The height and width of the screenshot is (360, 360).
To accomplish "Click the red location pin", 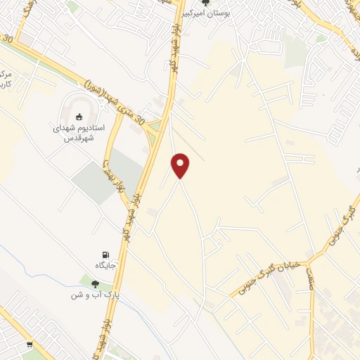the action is click(181, 165).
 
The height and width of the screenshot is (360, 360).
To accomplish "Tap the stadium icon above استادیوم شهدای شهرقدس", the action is click(79, 117).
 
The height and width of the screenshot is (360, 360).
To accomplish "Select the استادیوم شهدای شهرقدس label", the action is click(79, 134).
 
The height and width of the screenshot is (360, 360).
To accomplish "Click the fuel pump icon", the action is click(105, 255).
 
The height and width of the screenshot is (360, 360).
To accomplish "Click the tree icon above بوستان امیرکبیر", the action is click(205, 3).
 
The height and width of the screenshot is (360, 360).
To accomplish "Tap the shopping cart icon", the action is click(30, 345).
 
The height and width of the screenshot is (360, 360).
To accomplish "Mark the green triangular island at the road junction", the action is click(155, 127).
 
